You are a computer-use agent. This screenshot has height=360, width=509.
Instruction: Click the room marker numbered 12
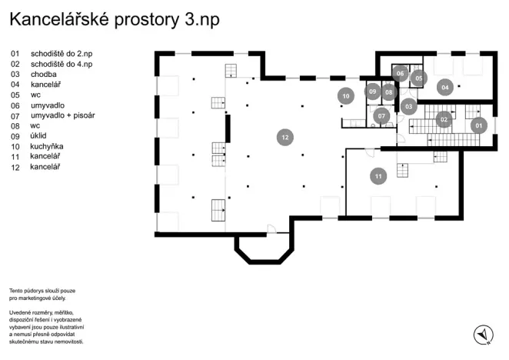(285, 137)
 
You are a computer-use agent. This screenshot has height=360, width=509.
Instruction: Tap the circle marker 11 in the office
(378, 176)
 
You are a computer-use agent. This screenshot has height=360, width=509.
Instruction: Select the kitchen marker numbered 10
(346, 96)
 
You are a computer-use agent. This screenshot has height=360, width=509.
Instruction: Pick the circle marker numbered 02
(444, 119)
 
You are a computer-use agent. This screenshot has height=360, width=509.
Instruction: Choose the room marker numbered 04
(444, 87)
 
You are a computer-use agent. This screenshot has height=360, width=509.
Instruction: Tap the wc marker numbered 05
(419, 78)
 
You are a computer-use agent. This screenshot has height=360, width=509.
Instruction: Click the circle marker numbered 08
(389, 92)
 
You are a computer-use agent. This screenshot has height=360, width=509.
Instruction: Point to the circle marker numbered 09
(372, 92)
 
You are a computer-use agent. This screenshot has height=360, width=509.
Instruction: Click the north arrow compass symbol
(483, 334)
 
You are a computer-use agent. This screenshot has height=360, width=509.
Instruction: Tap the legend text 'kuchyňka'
(47, 146)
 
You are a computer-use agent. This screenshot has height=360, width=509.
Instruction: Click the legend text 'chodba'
(44, 75)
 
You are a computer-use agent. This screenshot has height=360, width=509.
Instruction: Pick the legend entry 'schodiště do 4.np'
(62, 65)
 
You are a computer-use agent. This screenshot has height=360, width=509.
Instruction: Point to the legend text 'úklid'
(38, 136)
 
